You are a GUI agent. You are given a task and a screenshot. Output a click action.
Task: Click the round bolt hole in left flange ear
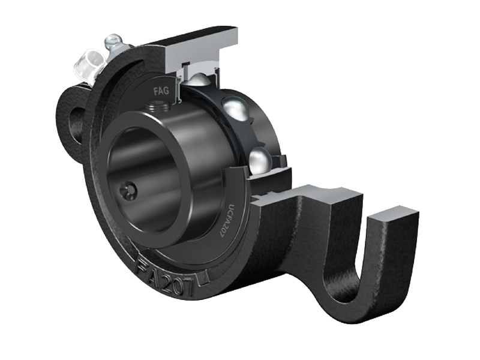coord(74,124)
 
